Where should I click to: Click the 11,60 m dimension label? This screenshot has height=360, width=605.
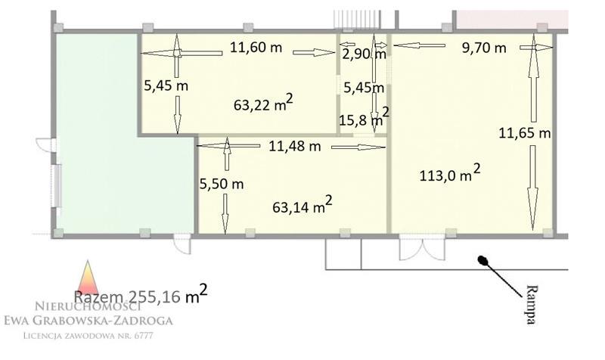(x=256, y=48)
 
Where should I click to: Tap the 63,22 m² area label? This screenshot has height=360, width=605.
(x=263, y=103)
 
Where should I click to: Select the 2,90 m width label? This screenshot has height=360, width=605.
(x=364, y=54)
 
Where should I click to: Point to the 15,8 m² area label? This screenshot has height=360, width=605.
(x=364, y=117)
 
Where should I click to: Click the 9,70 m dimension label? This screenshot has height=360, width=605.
(x=484, y=48)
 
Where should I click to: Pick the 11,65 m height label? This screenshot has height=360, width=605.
(x=525, y=134)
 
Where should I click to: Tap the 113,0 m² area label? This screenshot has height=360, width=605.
(x=450, y=174)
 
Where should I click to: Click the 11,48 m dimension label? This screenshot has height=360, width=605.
(x=295, y=146)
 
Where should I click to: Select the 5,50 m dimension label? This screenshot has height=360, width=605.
(x=222, y=184)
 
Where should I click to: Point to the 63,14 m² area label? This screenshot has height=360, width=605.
(x=302, y=205)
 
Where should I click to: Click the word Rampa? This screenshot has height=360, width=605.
(x=532, y=305)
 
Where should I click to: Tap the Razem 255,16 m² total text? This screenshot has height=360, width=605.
(x=141, y=295)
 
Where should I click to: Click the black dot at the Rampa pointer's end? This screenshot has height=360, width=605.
(x=482, y=260)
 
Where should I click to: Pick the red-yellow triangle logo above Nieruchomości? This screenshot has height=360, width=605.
(x=88, y=277)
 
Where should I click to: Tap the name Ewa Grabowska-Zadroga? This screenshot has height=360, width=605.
(x=88, y=320)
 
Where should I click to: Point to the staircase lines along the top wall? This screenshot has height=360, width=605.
(x=357, y=20)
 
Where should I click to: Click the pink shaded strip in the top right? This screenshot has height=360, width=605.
(x=513, y=20)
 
